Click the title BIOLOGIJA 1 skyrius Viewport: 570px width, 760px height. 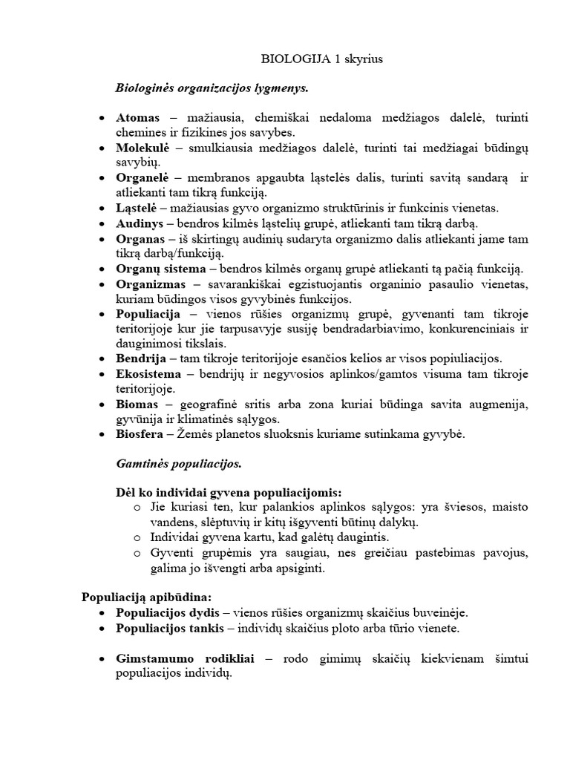312,59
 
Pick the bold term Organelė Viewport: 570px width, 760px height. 143,178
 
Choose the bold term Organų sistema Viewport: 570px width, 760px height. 156,269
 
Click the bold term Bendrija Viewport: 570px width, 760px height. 140,358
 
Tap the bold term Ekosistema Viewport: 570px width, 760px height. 146,374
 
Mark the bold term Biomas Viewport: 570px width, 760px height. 137,404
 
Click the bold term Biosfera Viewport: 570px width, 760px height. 140,434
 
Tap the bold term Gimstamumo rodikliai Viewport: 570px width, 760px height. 178,658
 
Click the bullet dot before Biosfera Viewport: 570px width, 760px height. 102,435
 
